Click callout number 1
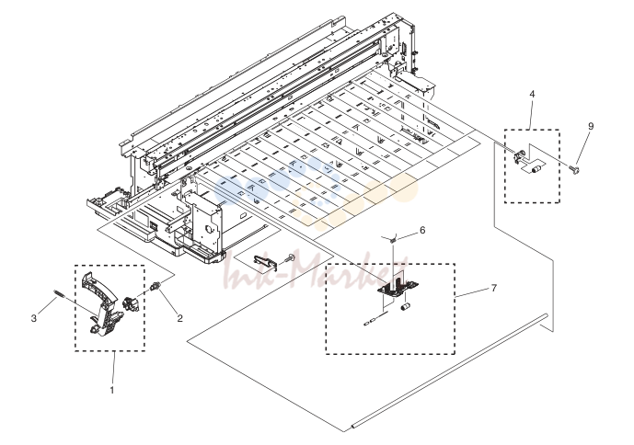pos(112,390)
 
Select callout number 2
pos(180,318)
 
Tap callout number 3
pos(33,318)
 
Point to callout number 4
pos(532,94)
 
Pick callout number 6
pos(422,230)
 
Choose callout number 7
pos(494,288)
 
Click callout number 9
pos(591,126)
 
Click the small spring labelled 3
pos(59,292)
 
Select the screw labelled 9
pos(574,168)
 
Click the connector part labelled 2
pos(155,286)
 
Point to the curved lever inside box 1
pos(102,303)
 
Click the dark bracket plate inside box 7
pos(398,287)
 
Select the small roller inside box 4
pos(537,169)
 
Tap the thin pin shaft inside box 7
pos(376,317)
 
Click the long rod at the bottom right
pos(449,371)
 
